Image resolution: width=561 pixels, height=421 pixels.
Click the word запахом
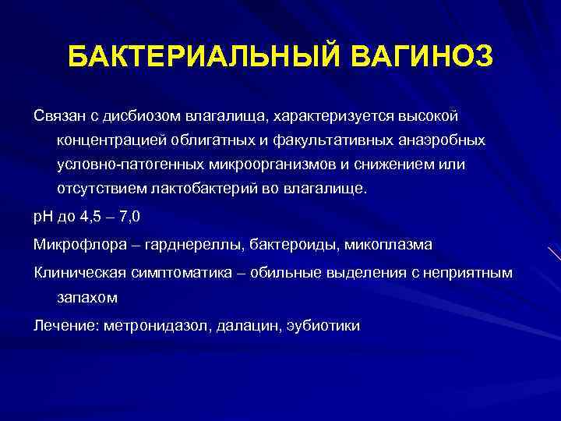(85, 297)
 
